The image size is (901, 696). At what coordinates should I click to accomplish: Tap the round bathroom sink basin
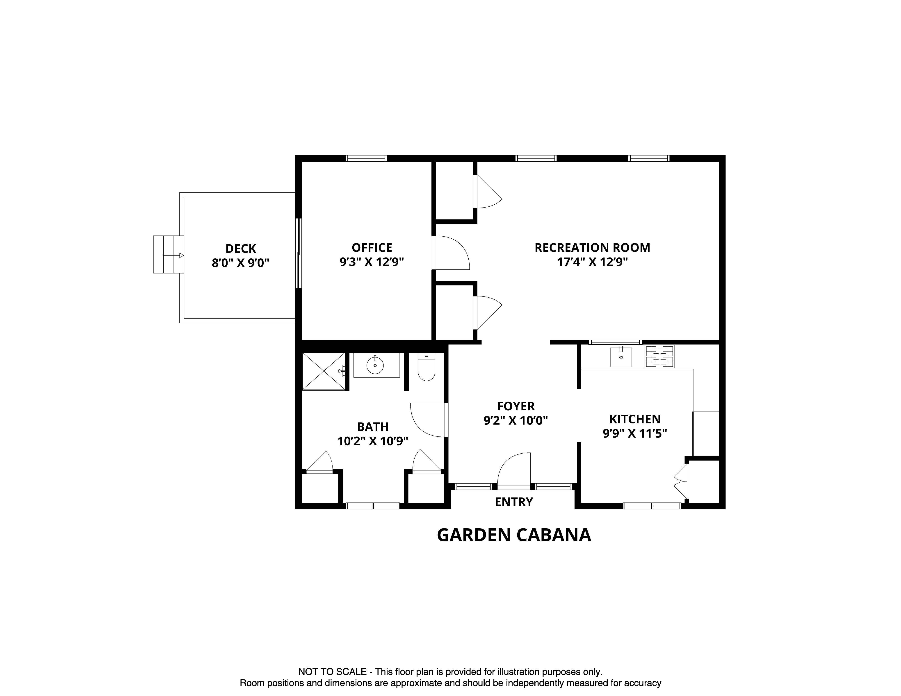coord(375,365)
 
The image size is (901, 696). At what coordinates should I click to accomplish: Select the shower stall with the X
coord(324,371)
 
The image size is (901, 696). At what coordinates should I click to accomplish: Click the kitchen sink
coord(621,357)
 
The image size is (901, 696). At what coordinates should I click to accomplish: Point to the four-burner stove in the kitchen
coord(659,357)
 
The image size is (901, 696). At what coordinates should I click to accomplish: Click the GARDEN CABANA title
coord(514,535)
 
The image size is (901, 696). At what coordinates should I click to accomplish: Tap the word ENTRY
coord(514,502)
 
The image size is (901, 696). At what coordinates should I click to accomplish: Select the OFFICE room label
coord(372,248)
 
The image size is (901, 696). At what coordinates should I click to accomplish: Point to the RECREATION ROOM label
coord(592,248)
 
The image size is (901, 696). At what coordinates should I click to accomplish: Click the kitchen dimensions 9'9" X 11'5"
coord(635,434)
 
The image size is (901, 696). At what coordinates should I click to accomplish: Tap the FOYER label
coord(516,406)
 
